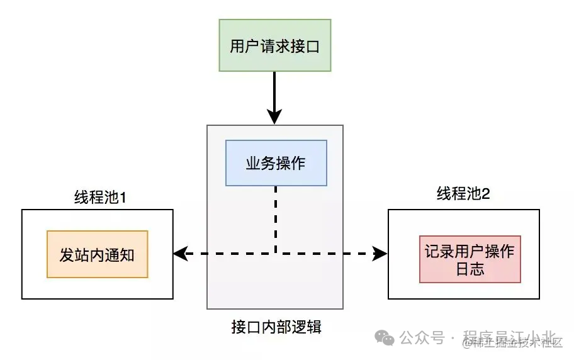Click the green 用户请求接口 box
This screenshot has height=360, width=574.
pyautogui.click(x=274, y=45)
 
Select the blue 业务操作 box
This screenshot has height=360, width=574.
pyautogui.click(x=276, y=163)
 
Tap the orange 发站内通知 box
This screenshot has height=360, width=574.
pyautogui.click(x=97, y=254)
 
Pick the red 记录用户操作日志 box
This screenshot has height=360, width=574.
pyautogui.click(x=470, y=259)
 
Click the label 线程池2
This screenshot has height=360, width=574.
pyautogui.click(x=463, y=194)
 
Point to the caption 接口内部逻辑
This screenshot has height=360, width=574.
pyautogui.click(x=276, y=327)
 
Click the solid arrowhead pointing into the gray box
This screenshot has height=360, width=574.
pyautogui.click(x=274, y=117)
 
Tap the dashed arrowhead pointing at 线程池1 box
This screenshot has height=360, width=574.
pyautogui.click(x=180, y=254)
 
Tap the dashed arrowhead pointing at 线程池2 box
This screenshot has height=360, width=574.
pyautogui.click(x=380, y=254)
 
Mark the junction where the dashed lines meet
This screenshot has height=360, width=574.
pyautogui.click(x=276, y=254)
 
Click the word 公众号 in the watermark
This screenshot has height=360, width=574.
pyautogui.click(x=422, y=338)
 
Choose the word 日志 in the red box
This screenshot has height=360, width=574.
pyautogui.click(x=470, y=269)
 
